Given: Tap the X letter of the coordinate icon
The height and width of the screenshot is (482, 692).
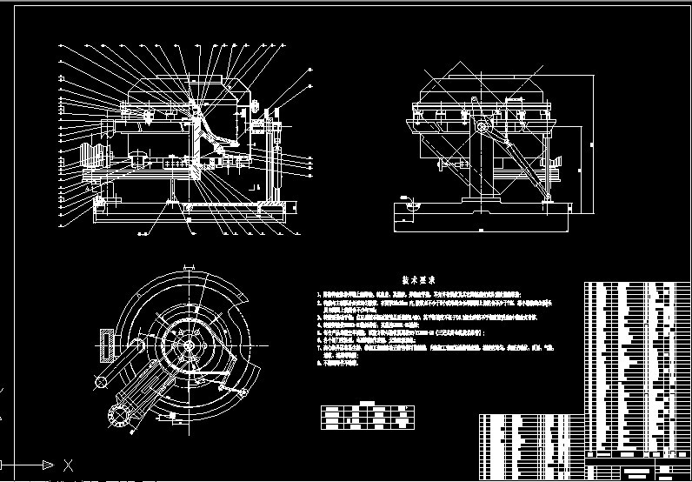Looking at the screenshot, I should point(69,464).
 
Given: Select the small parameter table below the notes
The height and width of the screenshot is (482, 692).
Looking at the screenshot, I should point(361,415).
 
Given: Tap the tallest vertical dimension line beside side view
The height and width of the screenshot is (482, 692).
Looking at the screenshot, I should point(591,144).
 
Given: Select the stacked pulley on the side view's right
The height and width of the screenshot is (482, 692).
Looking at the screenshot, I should point(556,167).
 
